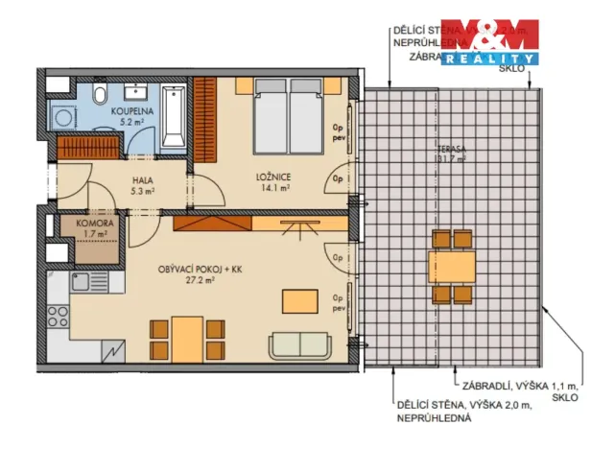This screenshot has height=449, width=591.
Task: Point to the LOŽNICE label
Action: (x=272, y=177)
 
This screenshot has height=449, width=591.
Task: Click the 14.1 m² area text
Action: (x=272, y=188)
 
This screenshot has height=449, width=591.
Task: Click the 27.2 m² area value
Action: (x=201, y=282)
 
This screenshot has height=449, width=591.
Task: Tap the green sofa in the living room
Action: (x=299, y=345)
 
